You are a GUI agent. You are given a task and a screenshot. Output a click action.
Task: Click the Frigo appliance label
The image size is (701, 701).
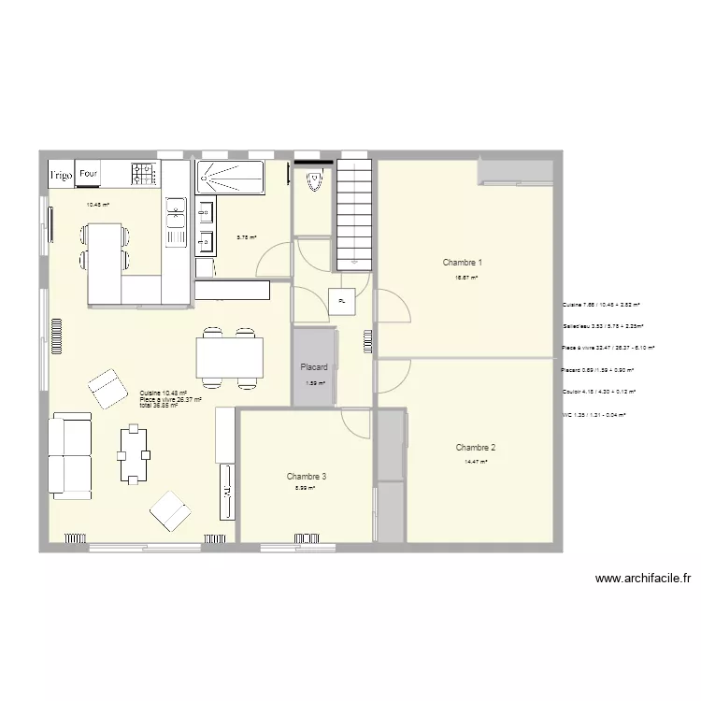pyautogui.click(x=62, y=175)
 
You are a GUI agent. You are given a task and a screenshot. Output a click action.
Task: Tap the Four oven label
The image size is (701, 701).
pyautogui.click(x=89, y=174)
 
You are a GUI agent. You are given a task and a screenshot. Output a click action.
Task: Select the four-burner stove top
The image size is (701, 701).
pyautogui.click(x=143, y=173)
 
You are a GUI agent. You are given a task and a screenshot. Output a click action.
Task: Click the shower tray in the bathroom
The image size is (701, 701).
pyautogui.click(x=230, y=177)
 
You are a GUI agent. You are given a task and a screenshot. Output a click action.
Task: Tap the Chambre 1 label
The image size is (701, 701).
pyautogui.click(x=463, y=264)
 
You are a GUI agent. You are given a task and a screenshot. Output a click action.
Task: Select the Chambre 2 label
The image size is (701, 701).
pyautogui.click(x=476, y=447)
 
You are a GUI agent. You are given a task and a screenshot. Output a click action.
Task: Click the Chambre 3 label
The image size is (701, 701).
pyautogui.click(x=307, y=477)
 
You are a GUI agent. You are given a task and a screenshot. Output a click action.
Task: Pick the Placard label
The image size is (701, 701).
pyautogui.click(x=313, y=367)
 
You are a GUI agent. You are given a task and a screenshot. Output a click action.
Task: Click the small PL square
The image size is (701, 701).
pyautogui.click(x=342, y=302)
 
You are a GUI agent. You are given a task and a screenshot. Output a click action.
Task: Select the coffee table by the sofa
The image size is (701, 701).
pyautogui.click(x=133, y=453)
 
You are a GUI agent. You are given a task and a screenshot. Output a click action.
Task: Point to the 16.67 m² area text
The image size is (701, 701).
pyautogui.click(x=466, y=278)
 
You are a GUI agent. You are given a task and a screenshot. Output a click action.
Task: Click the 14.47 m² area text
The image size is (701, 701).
pyautogui.click(x=476, y=461)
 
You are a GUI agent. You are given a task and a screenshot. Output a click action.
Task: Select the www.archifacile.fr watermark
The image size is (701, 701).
pyautogui.click(x=642, y=579)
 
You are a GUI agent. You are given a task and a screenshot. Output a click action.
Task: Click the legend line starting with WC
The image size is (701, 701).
pyautogui.click(x=594, y=414)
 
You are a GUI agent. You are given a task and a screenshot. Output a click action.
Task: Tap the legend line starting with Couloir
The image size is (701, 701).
pyautogui.click(x=598, y=392)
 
